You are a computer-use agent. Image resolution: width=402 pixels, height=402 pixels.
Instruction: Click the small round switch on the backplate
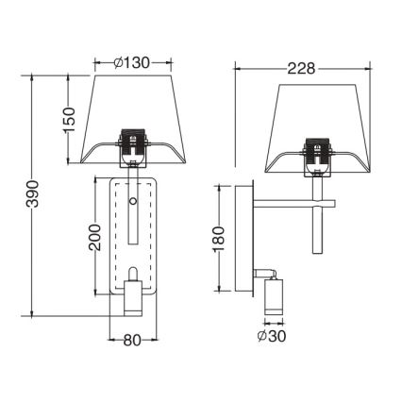tap(133, 202)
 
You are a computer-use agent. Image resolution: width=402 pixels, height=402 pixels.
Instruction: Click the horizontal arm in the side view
tap(293, 202)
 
